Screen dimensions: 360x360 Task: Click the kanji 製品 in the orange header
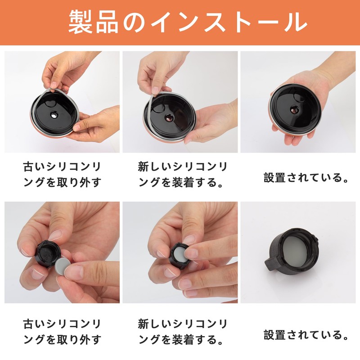point(94,22)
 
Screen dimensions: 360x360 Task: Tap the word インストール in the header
point(229,22)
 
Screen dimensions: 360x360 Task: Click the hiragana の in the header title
point(135,22)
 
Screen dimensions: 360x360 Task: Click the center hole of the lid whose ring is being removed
point(54,115)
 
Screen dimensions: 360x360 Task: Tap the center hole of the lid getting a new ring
point(169,118)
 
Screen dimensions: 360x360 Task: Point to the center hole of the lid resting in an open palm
point(294,110)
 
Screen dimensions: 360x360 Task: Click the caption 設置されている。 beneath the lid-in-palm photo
point(306,177)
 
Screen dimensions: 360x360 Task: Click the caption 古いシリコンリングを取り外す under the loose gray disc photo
point(62,332)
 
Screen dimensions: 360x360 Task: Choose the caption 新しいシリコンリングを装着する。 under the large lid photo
point(182,174)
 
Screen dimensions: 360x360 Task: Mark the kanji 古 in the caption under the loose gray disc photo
point(29,324)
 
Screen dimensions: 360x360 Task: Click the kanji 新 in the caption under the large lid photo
point(143,167)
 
